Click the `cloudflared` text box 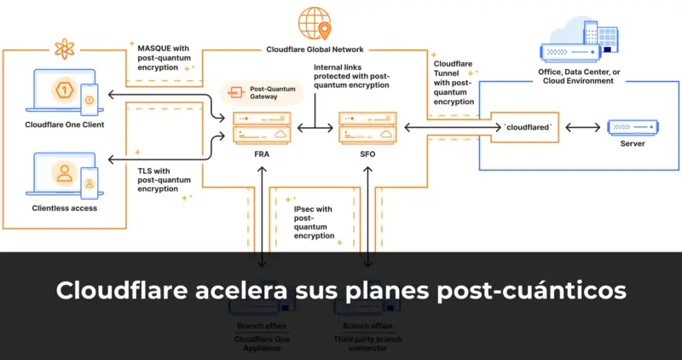(529, 127)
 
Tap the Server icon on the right (633, 127)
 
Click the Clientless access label (65, 207)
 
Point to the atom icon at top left (63, 48)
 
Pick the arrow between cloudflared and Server (581, 127)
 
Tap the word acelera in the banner (252, 291)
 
